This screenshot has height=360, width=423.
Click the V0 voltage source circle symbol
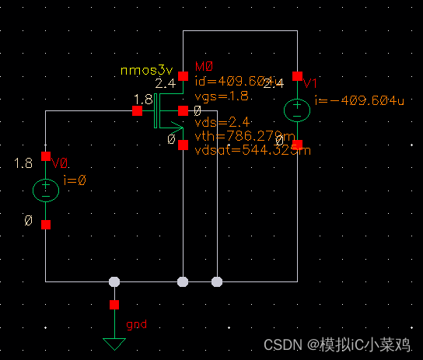click(x=46, y=189)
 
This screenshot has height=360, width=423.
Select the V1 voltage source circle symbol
click(x=297, y=110)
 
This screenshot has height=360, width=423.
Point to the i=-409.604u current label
click(x=359, y=100)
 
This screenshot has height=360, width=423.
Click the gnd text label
click(x=136, y=323)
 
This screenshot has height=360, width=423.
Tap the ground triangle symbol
click(x=114, y=343)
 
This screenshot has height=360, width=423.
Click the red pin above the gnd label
click(x=114, y=304)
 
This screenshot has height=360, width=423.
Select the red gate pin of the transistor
click(x=137, y=110)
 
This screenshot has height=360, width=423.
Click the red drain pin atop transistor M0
click(x=183, y=75)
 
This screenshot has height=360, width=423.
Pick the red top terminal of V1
click(x=297, y=75)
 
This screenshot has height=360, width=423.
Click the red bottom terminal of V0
click(x=46, y=225)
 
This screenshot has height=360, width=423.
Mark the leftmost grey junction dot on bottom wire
click(x=114, y=281)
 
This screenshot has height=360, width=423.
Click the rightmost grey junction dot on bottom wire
click(x=217, y=281)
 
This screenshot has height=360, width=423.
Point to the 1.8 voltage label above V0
click(x=23, y=163)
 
